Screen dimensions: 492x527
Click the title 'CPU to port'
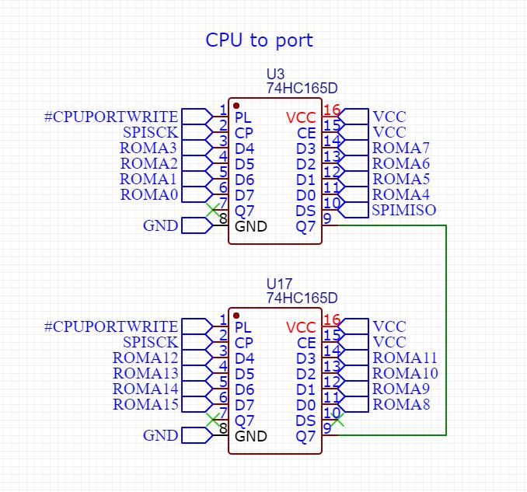(259, 40)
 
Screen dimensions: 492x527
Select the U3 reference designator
(275, 75)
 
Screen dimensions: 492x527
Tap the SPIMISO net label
(403, 210)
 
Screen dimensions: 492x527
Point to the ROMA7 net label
(400, 148)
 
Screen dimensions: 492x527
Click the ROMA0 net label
(149, 194)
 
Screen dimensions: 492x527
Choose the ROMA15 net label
(145, 404)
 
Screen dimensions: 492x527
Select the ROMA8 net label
(400, 404)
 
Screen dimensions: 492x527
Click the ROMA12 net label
(145, 358)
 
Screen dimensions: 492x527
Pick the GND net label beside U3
(160, 226)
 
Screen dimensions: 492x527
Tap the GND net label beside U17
(160, 436)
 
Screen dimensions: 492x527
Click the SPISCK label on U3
(150, 132)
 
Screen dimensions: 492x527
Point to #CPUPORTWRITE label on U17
(110, 326)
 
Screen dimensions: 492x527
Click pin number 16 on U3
(332, 110)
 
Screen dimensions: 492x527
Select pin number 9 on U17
(327, 427)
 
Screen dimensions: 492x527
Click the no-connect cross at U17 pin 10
(337, 420)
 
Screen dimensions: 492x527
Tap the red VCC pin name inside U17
(301, 327)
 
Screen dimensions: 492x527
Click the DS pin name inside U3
(305, 211)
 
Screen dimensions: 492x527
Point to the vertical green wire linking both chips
(446, 326)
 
